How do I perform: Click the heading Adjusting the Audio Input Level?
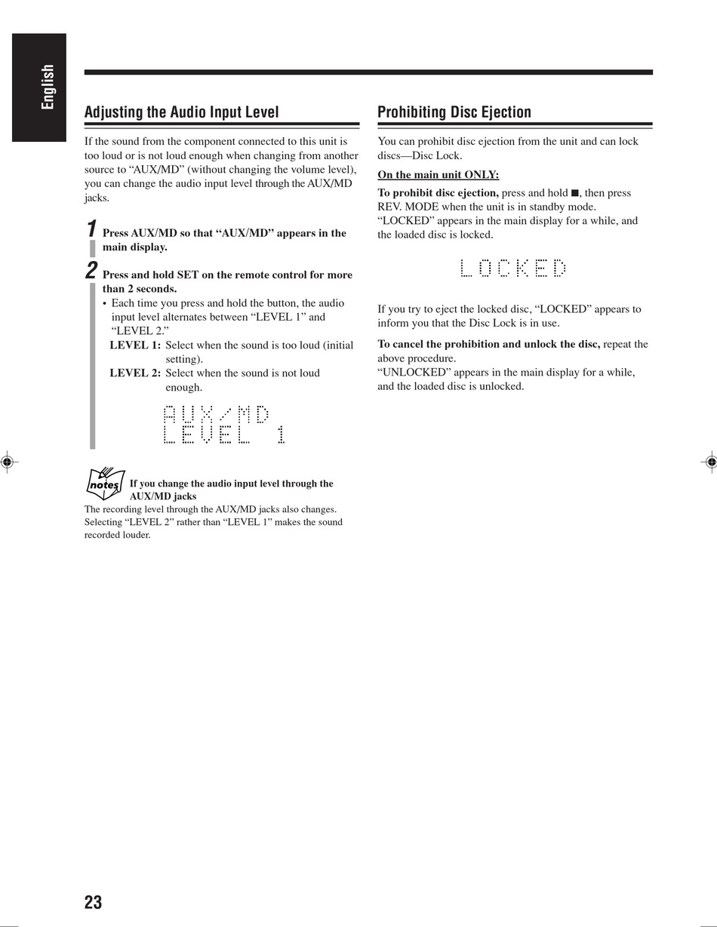tap(181, 112)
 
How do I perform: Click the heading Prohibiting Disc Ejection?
tap(454, 112)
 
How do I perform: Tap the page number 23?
tap(93, 902)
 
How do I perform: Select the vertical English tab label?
tap(48, 87)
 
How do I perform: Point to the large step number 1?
tap(91, 229)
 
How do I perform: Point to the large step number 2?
tap(91, 270)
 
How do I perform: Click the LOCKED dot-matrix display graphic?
tap(512, 268)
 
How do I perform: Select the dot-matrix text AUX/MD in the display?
tap(216, 414)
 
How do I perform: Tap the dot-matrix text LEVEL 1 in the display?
tap(224, 434)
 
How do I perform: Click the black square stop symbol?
tap(574, 193)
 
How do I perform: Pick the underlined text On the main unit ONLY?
tap(438, 175)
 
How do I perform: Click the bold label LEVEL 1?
tap(135, 345)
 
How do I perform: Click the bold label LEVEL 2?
tap(135, 373)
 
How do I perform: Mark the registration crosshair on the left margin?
tap(6, 462)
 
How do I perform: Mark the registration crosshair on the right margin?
tap(710, 462)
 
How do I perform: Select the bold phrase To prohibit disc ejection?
tap(438, 193)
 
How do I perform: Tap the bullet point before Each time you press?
tap(105, 303)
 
